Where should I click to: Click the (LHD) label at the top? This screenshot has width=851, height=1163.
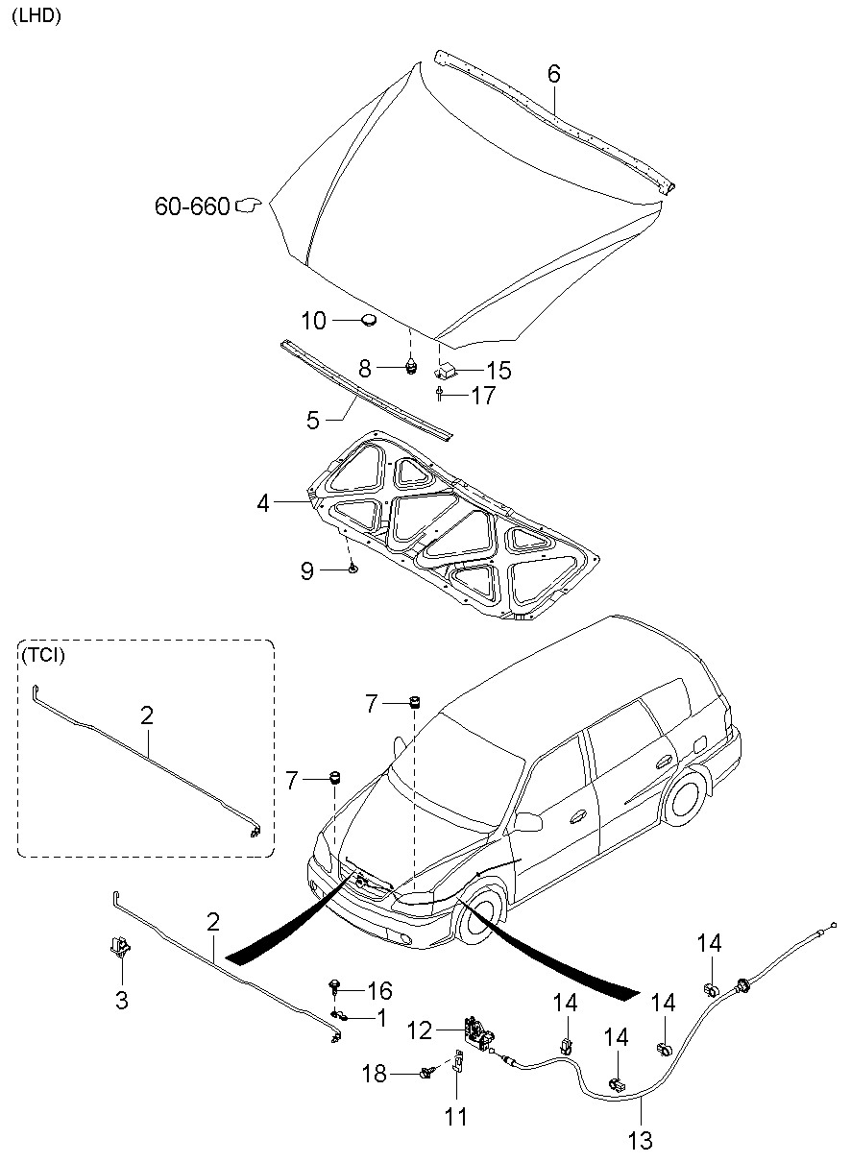coord(36,16)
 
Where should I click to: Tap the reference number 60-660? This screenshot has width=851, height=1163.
coord(192,206)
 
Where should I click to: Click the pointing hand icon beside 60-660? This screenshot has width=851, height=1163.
coord(248,206)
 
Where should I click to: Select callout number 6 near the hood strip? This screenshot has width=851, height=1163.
coord(554,74)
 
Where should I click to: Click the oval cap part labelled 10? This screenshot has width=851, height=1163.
coord(368,319)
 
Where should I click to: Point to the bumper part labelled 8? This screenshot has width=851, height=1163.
coord(411,367)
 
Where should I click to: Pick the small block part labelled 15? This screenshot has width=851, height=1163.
coord(444,370)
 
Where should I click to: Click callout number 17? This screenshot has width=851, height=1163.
coord(483,396)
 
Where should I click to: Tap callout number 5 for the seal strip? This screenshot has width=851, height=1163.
coord(312,420)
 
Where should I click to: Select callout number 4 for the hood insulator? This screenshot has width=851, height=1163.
coord(263,502)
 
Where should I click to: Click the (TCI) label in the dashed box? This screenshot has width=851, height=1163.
coord(43,655)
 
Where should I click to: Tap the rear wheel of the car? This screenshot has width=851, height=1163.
coord(686,801)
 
